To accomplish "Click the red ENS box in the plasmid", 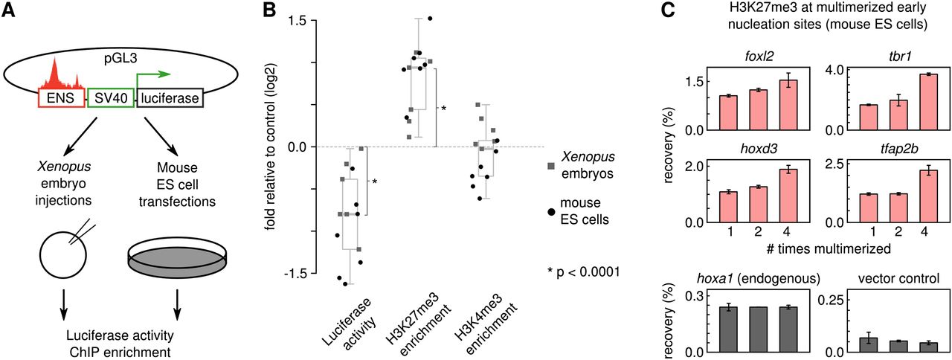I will (x=62, y=98).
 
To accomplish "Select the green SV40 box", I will (x=111, y=98).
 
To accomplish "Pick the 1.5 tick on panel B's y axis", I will (x=285, y=20).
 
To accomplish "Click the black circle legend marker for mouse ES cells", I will (x=550, y=212).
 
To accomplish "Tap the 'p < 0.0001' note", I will (x=582, y=272).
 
